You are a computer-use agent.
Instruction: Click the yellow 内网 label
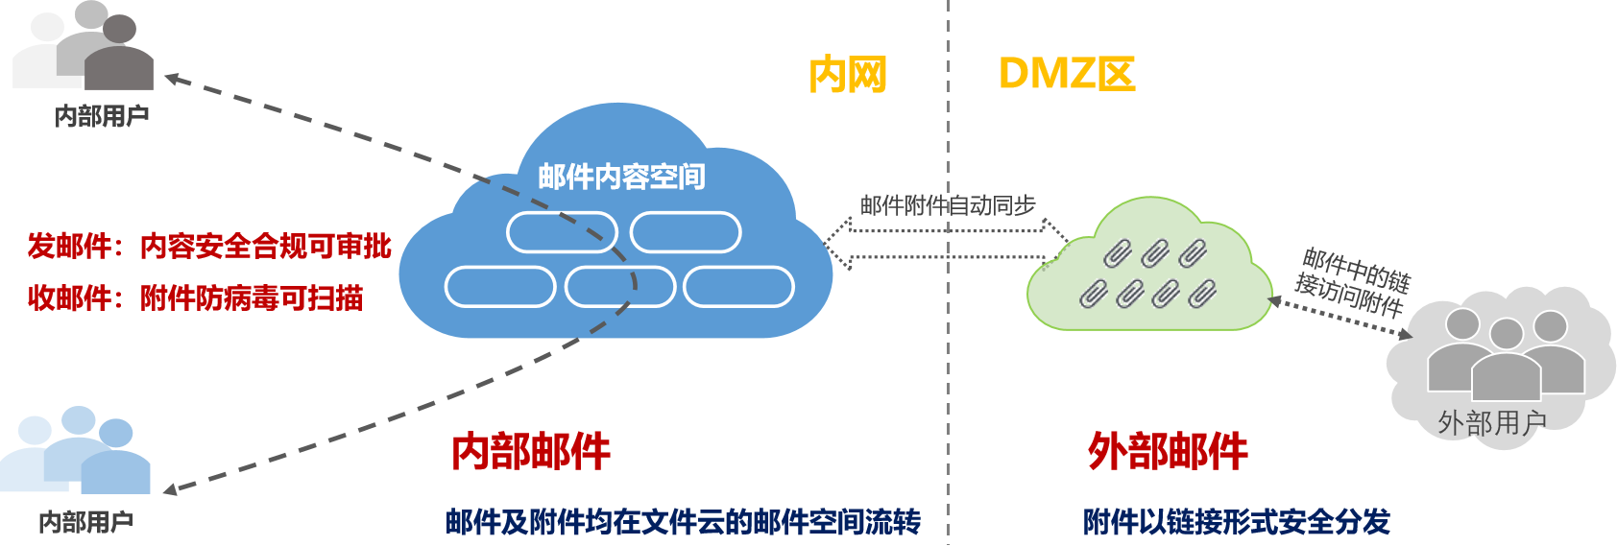pyautogui.click(x=847, y=74)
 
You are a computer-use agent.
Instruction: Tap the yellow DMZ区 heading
pyautogui.click(x=1066, y=73)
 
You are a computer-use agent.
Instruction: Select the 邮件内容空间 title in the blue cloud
pyautogui.click(x=621, y=177)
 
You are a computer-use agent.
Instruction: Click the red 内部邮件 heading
pyautogui.click(x=531, y=451)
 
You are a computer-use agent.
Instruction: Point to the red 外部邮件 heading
pyautogui.click(x=1168, y=451)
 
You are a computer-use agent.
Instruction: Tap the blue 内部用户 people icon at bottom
pyautogui.click(x=77, y=451)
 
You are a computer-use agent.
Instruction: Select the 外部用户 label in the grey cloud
pyautogui.click(x=1492, y=422)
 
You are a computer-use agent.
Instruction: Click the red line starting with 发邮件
pyautogui.click(x=209, y=247)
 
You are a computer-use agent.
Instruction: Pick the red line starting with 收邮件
pyautogui.click(x=195, y=298)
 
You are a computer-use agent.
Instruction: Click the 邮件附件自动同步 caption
pyautogui.click(x=948, y=204)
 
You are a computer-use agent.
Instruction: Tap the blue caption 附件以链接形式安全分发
pyautogui.click(x=1236, y=522)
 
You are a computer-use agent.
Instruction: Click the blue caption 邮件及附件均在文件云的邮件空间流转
pyautogui.click(x=683, y=522)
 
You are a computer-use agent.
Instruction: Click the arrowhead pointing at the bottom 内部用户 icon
pyautogui.click(x=169, y=490)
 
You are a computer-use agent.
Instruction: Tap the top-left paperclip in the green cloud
pyautogui.click(x=1117, y=253)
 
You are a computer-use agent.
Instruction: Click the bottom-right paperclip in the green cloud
pyautogui.click(x=1201, y=293)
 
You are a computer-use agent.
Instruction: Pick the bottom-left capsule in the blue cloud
pyautogui.click(x=500, y=287)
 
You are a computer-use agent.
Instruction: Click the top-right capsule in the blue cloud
pyautogui.click(x=686, y=232)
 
